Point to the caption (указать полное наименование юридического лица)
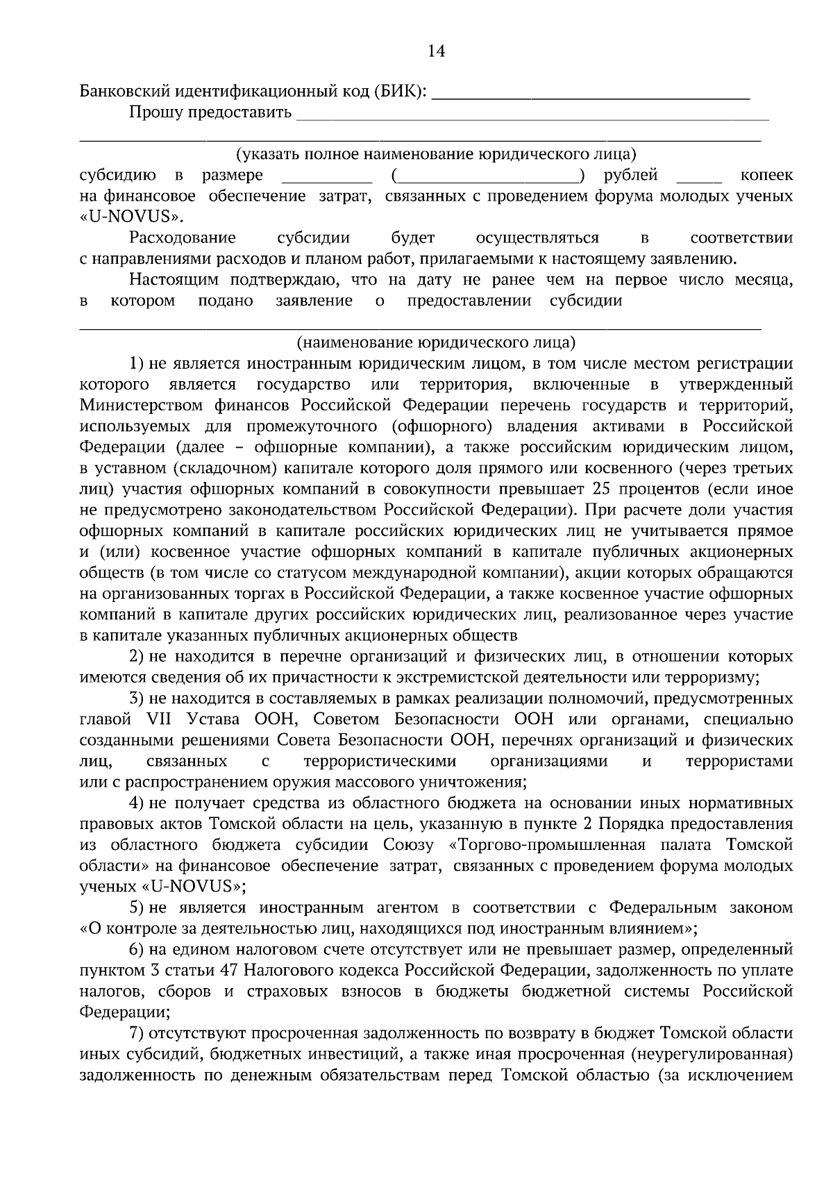(436, 154)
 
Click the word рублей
(631, 175)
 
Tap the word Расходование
(183, 238)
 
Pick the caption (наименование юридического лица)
(436, 342)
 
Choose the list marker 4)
(137, 803)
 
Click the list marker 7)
(137, 1033)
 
